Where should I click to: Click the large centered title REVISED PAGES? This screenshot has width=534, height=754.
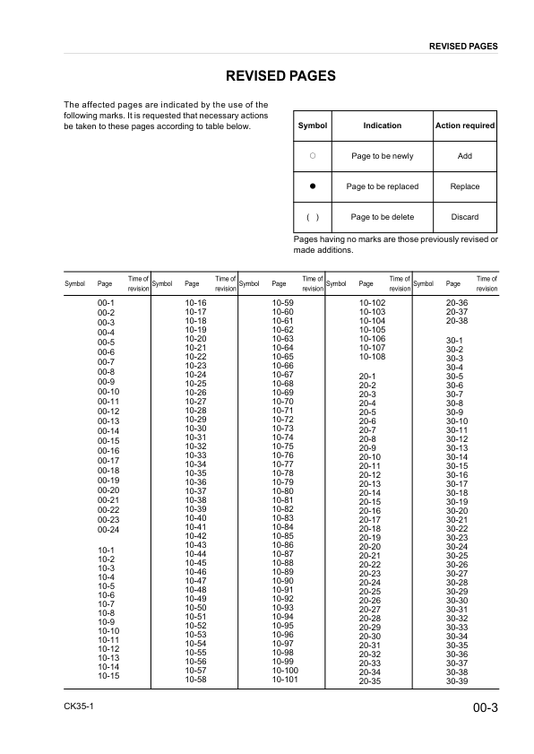(x=280, y=76)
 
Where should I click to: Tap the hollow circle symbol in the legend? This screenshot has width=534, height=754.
(x=313, y=156)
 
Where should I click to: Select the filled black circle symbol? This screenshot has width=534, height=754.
(x=313, y=186)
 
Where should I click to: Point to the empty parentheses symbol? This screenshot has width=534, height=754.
(x=313, y=217)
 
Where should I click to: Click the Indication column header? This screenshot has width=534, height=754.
(x=382, y=126)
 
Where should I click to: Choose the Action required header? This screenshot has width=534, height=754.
(x=464, y=126)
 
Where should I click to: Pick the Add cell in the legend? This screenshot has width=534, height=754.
(x=464, y=156)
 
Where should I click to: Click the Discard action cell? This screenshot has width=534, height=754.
(x=464, y=217)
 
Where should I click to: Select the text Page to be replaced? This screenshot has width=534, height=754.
(x=382, y=186)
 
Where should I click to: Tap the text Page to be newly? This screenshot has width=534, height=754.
(x=382, y=156)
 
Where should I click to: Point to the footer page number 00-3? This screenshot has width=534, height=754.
(x=485, y=709)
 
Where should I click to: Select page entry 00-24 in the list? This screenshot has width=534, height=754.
(x=108, y=529)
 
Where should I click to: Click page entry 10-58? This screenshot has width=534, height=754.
(x=195, y=680)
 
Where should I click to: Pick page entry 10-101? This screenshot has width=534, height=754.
(x=284, y=680)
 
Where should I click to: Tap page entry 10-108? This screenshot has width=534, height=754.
(x=372, y=356)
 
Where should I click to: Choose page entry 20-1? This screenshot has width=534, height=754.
(x=366, y=376)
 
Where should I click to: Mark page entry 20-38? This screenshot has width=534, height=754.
(x=457, y=321)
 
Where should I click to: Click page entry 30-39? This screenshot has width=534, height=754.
(x=457, y=681)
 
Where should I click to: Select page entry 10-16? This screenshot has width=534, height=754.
(x=195, y=304)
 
